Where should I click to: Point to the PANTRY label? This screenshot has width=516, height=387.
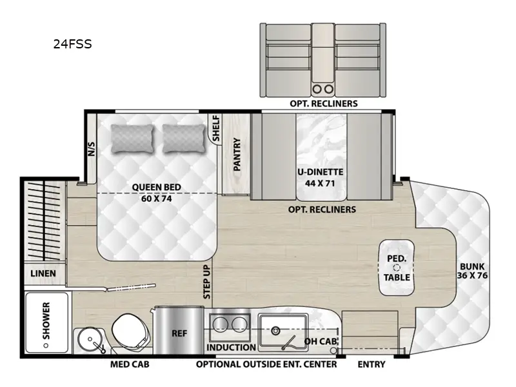tap(237, 154)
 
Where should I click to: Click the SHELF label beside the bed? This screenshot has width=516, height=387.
tap(216, 129)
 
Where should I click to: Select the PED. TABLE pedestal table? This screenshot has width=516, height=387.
tap(397, 268)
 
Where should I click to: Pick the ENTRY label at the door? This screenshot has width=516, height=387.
tap(372, 364)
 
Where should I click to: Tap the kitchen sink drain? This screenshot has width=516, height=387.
tap(276, 331)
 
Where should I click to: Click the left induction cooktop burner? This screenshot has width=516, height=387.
tap(221, 324)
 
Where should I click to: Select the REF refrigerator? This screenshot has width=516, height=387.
tap(179, 333)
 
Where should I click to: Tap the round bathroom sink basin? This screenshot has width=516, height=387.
tap(87, 339)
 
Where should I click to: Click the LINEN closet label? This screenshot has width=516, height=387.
tap(43, 273)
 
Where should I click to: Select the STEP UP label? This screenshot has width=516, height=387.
tap(206, 281)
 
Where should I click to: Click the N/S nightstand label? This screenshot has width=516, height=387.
tap(91, 150)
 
